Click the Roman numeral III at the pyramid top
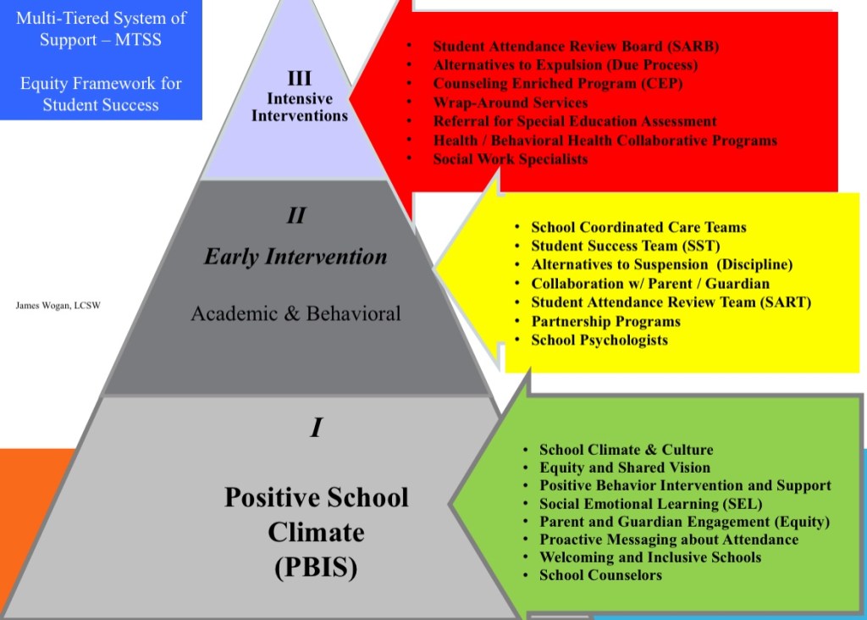click(x=299, y=79)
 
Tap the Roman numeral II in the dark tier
click(x=295, y=215)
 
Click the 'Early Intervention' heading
click(x=295, y=257)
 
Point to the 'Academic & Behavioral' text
click(x=295, y=313)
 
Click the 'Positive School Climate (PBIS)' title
click(x=316, y=532)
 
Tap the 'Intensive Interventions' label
click(x=299, y=107)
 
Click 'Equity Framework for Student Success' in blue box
click(x=101, y=94)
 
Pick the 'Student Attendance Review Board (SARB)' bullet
click(x=576, y=47)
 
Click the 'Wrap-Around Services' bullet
click(x=510, y=102)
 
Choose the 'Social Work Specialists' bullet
click(x=510, y=158)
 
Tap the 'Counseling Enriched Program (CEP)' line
click(x=557, y=84)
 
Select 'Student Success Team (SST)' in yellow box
click(x=625, y=246)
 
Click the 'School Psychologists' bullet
click(x=599, y=340)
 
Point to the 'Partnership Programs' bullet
click(x=605, y=321)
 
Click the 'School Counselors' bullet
click(x=600, y=575)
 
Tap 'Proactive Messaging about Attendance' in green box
click(x=668, y=540)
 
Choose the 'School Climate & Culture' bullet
click(x=626, y=450)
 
